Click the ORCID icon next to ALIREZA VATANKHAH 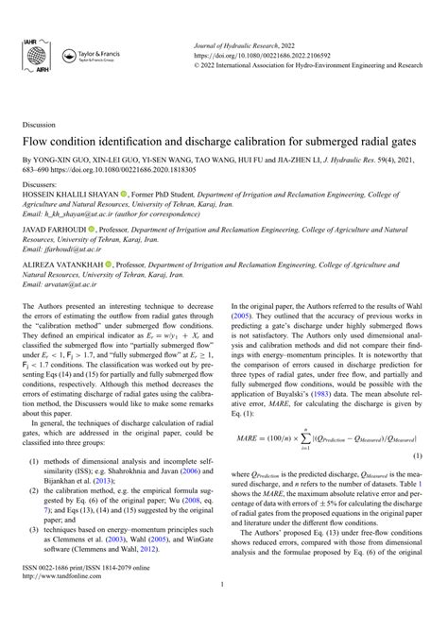click(x=110, y=264)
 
